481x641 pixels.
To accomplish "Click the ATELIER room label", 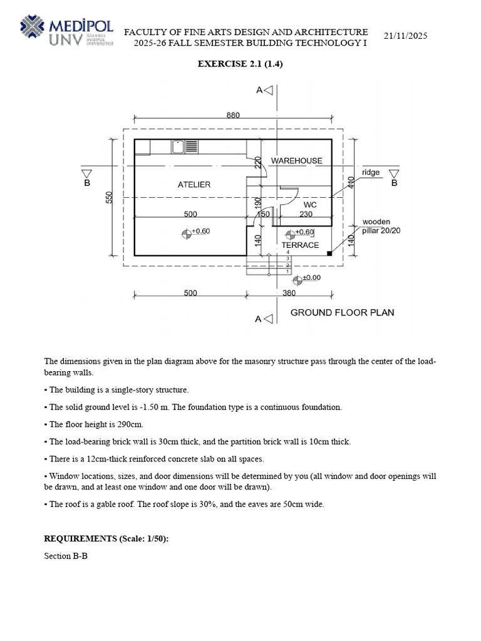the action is [194, 185].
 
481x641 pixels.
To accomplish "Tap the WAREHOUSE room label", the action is [296, 161].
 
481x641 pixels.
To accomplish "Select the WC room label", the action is [310, 205].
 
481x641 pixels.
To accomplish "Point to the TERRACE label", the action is [300, 245].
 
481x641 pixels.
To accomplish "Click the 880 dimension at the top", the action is [233, 115].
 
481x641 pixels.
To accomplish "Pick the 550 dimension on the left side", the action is [109, 197].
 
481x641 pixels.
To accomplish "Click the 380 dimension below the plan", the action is [289, 293].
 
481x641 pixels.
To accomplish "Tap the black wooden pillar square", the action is [329, 254].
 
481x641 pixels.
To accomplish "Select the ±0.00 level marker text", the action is [312, 277].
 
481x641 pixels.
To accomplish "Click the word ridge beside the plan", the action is [371, 173].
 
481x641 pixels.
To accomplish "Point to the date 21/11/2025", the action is [405, 36].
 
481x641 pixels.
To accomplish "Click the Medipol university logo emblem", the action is [32, 26].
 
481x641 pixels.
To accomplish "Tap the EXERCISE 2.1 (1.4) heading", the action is [240, 64].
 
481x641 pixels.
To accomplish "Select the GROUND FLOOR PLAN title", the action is [343, 313].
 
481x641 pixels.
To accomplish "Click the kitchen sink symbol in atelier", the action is [177, 146].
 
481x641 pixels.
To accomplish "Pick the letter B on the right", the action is [395, 183].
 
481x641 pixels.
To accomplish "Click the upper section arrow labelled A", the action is [265, 90].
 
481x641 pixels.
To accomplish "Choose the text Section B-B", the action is [66, 556].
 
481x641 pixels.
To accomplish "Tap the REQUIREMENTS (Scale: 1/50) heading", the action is [106, 539].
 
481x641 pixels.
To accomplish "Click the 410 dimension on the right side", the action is [351, 182].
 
